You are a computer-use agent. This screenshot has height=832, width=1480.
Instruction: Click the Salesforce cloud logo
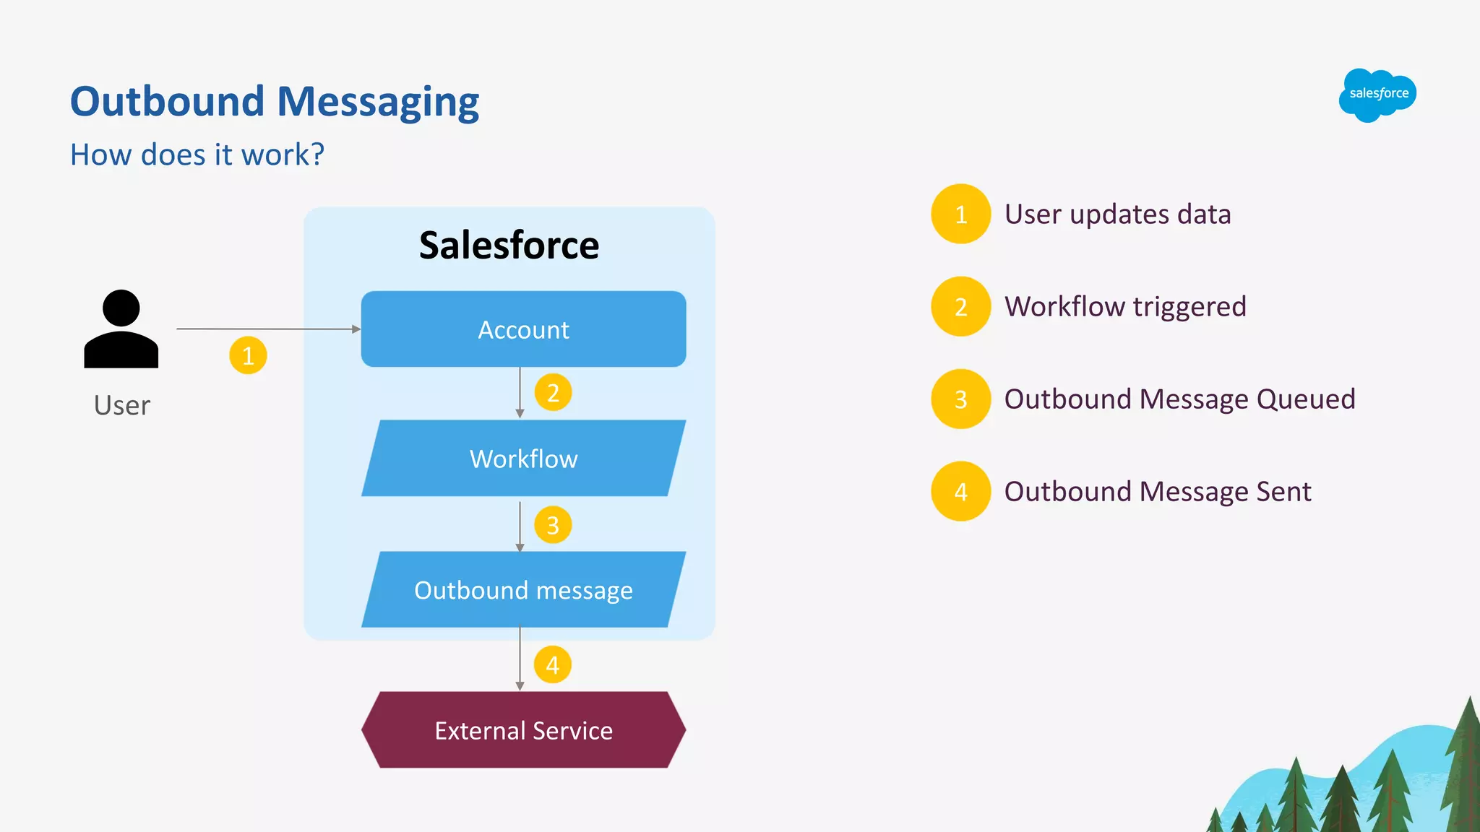click(1377, 95)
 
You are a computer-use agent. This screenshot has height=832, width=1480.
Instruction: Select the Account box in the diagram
click(523, 329)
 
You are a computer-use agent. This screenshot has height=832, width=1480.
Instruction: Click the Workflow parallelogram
click(523, 459)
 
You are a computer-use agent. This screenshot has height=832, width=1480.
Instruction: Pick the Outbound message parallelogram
click(523, 590)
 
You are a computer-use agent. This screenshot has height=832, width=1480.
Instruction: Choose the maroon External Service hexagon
click(523, 730)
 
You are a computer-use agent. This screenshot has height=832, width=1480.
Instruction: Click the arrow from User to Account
click(267, 329)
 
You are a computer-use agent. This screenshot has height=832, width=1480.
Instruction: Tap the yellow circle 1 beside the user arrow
click(248, 355)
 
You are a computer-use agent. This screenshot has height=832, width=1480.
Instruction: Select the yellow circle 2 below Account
click(553, 393)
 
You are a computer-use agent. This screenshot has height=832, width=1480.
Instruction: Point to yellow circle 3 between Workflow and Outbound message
click(553, 525)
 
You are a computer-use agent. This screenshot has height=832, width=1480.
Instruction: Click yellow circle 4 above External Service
click(553, 664)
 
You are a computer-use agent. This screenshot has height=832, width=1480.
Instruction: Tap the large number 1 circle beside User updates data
click(960, 214)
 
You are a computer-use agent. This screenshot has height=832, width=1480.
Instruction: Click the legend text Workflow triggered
click(1125, 306)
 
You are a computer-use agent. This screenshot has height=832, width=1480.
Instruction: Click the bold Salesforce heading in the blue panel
click(509, 246)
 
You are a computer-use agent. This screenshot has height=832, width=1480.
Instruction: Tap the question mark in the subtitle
click(317, 155)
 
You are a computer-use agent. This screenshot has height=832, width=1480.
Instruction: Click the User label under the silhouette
click(122, 406)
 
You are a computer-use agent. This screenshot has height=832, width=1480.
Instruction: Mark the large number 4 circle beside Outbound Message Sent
click(960, 491)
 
